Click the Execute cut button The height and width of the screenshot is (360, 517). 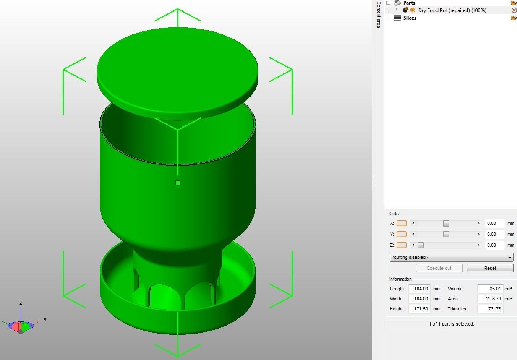439,268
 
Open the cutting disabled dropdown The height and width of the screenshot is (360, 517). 451,257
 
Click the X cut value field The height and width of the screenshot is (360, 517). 494,224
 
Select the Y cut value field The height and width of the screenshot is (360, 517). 494,235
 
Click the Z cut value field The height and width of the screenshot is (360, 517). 494,245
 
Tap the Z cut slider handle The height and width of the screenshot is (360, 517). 420,245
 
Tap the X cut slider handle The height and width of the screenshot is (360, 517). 446,224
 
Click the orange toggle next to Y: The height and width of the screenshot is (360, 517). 401,235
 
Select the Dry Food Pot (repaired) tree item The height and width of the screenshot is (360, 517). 452,10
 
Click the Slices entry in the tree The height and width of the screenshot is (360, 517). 409,18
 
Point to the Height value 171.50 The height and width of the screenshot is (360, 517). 419,309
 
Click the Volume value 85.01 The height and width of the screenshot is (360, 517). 490,289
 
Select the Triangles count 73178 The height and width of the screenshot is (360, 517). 490,309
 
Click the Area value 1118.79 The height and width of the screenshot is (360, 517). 490,299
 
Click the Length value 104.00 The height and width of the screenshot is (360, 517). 419,289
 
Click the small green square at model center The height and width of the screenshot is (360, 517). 178,183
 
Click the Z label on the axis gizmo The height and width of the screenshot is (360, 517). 21,303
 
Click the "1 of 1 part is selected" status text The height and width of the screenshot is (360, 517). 451,324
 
